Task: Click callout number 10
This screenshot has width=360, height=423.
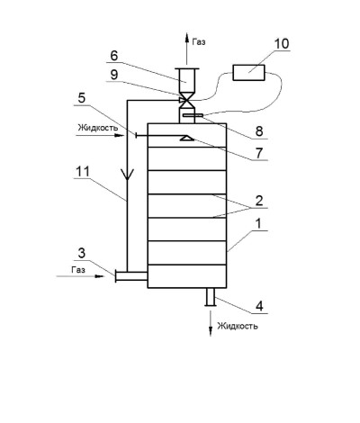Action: click(x=282, y=43)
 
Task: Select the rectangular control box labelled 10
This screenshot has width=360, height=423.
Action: click(x=249, y=73)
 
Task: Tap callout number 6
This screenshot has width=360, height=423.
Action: click(x=114, y=56)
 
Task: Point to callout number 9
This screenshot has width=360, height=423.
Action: click(x=114, y=75)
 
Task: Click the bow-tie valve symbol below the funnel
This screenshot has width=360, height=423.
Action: click(x=186, y=101)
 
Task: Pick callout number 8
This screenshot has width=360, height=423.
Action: click(x=259, y=131)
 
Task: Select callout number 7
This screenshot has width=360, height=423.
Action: click(x=259, y=153)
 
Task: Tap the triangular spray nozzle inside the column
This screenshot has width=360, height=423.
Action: click(x=186, y=138)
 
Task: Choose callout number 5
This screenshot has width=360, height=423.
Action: click(x=82, y=98)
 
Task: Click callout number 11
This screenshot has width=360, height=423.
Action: click(x=83, y=172)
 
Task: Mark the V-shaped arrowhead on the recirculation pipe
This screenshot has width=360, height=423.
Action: click(x=127, y=175)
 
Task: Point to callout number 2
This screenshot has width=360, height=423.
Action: click(x=259, y=201)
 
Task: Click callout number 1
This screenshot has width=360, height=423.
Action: click(x=258, y=223)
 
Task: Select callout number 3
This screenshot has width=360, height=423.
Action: click(x=82, y=253)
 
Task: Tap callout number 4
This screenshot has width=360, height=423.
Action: click(x=259, y=306)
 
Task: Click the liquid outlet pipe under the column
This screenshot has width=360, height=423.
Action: click(x=211, y=297)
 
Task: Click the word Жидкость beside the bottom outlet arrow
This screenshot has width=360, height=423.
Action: click(x=238, y=326)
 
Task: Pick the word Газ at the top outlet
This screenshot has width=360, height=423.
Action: click(x=199, y=41)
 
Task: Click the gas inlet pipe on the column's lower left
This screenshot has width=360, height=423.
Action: click(x=130, y=276)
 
